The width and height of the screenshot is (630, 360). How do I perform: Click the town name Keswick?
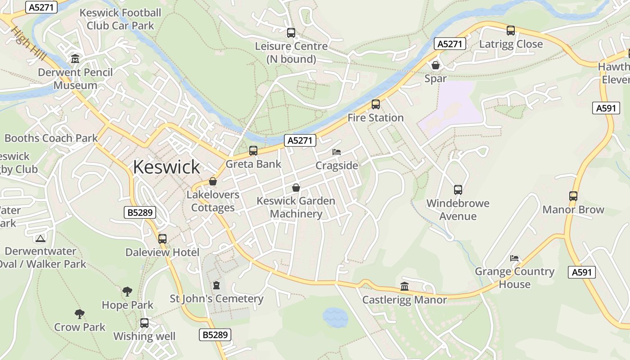166,167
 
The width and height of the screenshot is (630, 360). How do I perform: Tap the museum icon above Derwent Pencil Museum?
75,59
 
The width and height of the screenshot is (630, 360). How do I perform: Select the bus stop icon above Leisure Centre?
291,33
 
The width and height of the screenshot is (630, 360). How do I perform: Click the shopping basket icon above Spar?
436,65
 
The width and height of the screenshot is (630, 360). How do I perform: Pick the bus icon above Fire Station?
376,104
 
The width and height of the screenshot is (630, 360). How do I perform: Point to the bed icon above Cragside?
337,152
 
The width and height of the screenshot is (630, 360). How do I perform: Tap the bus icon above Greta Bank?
253,151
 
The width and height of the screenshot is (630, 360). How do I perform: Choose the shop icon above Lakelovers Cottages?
213,181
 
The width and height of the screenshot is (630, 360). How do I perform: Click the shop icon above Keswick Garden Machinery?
296,187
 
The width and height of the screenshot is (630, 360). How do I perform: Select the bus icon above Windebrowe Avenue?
458,190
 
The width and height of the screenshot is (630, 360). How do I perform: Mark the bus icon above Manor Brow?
573,196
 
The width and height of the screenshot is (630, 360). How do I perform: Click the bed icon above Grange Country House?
514,258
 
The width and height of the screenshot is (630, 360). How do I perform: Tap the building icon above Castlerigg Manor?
405,287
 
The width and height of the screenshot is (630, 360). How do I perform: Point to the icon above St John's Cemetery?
216,285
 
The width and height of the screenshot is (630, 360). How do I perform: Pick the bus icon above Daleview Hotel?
162,239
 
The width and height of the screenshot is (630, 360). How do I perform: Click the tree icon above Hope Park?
127,292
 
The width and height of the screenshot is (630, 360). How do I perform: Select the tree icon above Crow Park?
80,314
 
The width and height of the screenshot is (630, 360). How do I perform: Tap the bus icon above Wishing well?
144,323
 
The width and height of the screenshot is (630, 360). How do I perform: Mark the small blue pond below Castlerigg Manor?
335,317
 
